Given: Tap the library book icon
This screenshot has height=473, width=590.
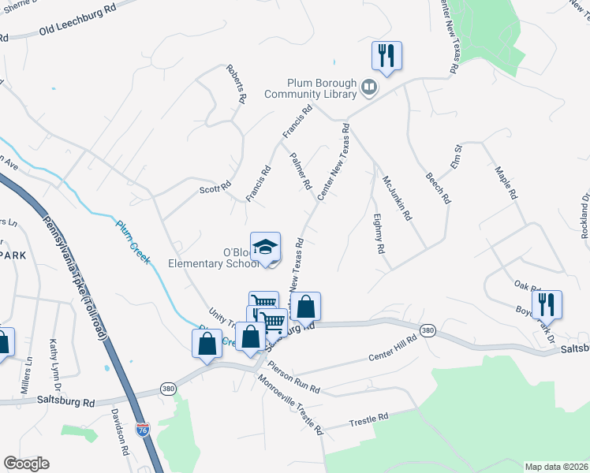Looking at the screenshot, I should pyautogui.click(x=368, y=87).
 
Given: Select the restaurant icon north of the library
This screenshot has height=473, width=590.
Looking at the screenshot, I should pyautogui.click(x=386, y=56).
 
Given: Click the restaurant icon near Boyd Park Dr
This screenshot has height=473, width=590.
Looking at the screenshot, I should pyautogui.click(x=546, y=304).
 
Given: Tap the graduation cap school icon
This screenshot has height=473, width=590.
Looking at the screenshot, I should pyautogui.click(x=266, y=247).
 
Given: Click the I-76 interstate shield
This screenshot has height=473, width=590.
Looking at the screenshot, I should pyautogui.click(x=142, y=430).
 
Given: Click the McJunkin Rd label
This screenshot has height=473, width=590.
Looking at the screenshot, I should pyautogui.click(x=397, y=197).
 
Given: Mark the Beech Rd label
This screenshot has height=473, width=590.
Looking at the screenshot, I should pyautogui.click(x=437, y=186).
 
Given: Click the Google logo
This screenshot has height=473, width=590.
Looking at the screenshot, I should pyautogui.click(x=26, y=464).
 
